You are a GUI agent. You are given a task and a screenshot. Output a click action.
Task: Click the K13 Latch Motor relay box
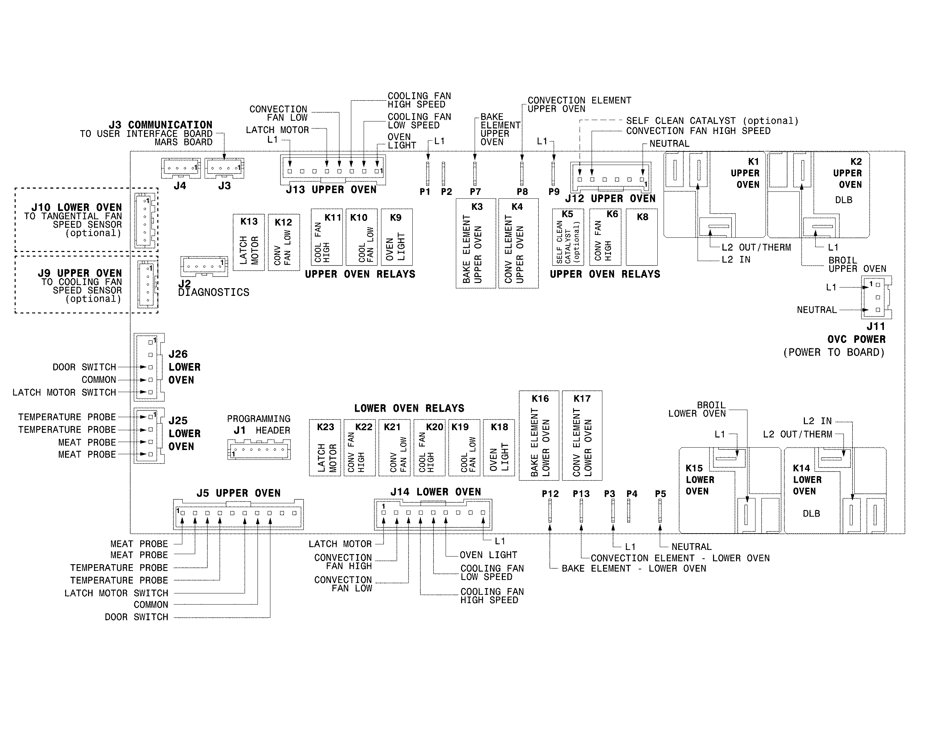click(248, 243)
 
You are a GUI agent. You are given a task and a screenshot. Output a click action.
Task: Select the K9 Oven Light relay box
click(396, 237)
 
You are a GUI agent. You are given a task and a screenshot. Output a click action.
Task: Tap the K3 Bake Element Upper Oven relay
click(476, 243)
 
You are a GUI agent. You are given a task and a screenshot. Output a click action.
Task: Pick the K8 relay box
click(641, 237)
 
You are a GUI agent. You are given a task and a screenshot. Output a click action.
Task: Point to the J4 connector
click(181, 168)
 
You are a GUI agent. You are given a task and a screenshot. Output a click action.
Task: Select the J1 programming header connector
click(259, 450)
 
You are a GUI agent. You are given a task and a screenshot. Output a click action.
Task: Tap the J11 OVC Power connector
click(876, 297)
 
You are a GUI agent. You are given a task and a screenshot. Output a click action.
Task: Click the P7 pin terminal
click(475, 173)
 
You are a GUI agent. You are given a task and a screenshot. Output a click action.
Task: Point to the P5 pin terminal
click(660, 511)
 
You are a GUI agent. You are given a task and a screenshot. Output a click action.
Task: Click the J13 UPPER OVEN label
click(331, 190)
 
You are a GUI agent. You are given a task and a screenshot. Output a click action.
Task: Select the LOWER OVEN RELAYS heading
click(409, 408)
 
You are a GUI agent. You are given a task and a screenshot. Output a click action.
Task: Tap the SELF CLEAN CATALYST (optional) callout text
click(712, 121)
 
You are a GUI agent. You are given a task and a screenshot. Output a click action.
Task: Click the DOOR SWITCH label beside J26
click(84, 367)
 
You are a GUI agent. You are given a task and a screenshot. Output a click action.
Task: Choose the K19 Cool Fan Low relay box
click(464, 448)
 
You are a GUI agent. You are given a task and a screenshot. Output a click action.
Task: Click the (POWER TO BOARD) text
click(834, 352)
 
